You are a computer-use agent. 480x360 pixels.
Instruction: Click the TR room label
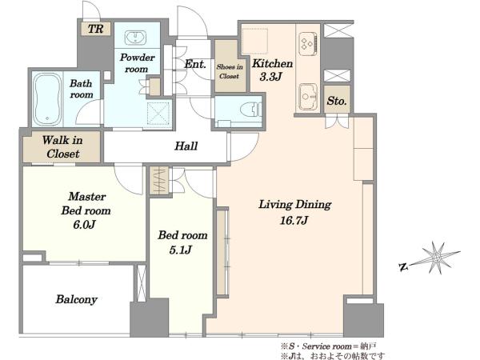click(95, 29)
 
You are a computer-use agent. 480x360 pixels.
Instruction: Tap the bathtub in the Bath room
click(46, 99)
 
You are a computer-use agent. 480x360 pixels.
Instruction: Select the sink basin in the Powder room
click(135, 38)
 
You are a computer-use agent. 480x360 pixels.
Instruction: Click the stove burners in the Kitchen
click(307, 44)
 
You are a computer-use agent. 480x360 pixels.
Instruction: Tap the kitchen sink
click(308, 97)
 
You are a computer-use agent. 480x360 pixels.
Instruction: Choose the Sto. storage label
click(337, 101)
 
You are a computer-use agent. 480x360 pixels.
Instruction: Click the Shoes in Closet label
click(230, 71)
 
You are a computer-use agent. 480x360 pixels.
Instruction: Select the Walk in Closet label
click(62, 146)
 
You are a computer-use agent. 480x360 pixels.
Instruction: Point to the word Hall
click(186, 146)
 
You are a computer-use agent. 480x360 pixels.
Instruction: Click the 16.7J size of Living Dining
click(294, 220)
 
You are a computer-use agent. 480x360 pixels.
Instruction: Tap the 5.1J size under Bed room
click(181, 250)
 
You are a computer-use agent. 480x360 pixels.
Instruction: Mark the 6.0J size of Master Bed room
click(84, 225)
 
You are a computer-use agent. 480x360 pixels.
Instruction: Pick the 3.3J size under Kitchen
click(270, 77)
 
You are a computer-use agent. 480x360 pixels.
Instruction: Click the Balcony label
click(77, 299)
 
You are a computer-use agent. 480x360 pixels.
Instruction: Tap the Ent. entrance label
click(195, 64)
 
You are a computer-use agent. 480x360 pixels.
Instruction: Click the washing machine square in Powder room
click(158, 114)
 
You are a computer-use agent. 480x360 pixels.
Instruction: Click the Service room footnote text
click(329, 346)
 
